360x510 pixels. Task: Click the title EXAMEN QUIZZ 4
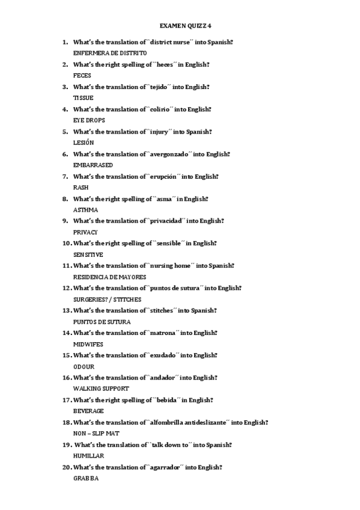pyautogui.click(x=186, y=26)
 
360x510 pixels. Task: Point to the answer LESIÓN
pyautogui.click(x=84, y=143)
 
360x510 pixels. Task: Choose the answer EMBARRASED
pyautogui.click(x=93, y=165)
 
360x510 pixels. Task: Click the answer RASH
pyautogui.click(x=81, y=188)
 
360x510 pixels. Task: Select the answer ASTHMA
pyautogui.click(x=85, y=210)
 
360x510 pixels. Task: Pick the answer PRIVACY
pyautogui.click(x=85, y=232)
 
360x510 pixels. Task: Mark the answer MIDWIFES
pyautogui.click(x=88, y=344)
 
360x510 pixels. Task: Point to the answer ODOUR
pyautogui.click(x=84, y=367)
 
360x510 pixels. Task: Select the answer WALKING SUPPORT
pyautogui.click(x=100, y=389)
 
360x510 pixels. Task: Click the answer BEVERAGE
pyautogui.click(x=88, y=411)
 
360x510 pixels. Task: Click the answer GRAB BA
pyautogui.click(x=85, y=479)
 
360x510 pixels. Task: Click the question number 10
pyautogui.click(x=66, y=244)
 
